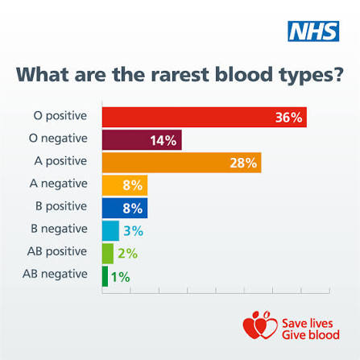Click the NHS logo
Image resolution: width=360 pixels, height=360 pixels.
tap(313, 31)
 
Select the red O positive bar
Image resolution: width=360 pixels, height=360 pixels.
tap(205, 117)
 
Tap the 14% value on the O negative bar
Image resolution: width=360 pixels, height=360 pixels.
tap(163, 140)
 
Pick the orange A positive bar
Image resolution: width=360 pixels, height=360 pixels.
tap(182, 163)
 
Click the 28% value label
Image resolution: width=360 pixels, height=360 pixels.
tap(243, 163)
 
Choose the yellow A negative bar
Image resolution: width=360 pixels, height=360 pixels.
tap(125, 185)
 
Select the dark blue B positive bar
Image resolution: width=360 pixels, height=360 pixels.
tap(125, 208)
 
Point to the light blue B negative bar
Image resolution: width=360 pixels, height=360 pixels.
tap(110, 231)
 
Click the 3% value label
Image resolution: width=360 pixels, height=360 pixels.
tap(133, 231)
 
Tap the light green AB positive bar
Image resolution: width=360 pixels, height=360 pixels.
tap(108, 254)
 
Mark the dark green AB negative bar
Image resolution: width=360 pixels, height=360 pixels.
tap(105, 276)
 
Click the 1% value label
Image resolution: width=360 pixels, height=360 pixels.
tap(120, 277)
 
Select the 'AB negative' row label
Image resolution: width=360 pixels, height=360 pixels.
tap(55, 275)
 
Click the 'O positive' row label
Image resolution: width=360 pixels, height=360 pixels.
tap(60, 116)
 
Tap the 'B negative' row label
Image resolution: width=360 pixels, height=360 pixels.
tap(59, 229)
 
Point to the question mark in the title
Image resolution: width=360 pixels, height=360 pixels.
tap(338, 74)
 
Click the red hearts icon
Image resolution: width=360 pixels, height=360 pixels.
tap(260, 325)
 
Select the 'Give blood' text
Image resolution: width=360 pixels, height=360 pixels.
tap(311, 335)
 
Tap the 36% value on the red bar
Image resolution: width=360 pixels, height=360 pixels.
tap(289, 118)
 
